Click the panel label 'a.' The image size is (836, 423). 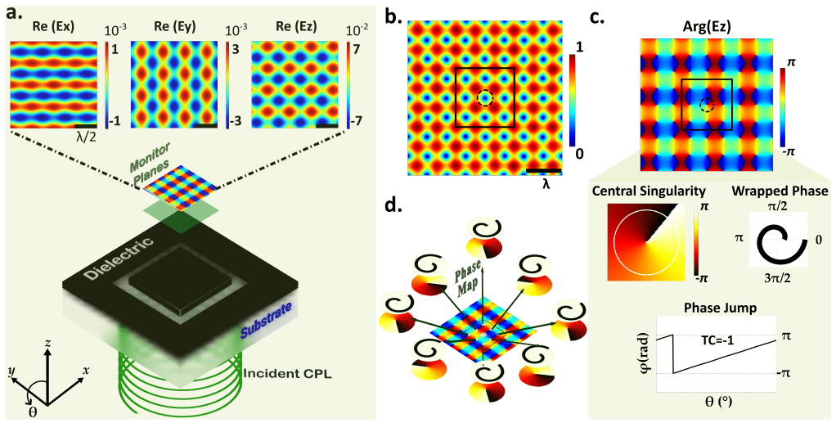(17, 12)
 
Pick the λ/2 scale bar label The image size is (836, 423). (88, 136)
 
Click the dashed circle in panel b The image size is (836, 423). (485, 98)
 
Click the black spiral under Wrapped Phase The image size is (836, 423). (773, 243)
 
